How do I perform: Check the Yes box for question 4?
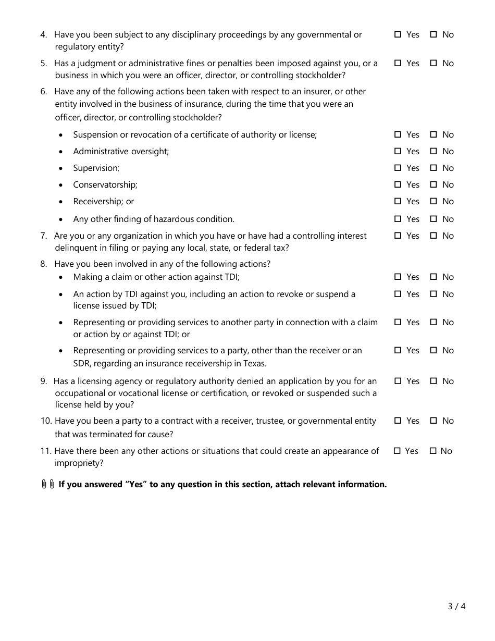[x=398, y=34]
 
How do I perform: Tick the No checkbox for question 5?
[x=434, y=63]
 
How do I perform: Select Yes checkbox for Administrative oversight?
[x=398, y=151]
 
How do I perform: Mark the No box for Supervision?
[x=434, y=168]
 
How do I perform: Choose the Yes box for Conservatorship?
[x=398, y=184]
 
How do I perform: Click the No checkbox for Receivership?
[x=434, y=201]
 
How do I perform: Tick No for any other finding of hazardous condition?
[x=434, y=219]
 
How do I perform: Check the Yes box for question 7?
[x=398, y=236]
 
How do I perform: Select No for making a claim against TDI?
[x=434, y=277]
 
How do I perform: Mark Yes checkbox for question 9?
[x=398, y=381]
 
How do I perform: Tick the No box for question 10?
[x=434, y=421]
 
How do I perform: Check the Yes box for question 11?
[x=397, y=451]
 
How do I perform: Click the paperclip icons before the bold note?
[x=48, y=484]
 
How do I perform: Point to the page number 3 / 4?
[x=456, y=606]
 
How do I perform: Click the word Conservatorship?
[x=105, y=185]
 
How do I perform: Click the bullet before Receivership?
[x=61, y=202]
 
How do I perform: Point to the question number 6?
[x=43, y=92]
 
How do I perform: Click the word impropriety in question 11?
[x=79, y=463]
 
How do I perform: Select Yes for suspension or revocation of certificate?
[x=398, y=134]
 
